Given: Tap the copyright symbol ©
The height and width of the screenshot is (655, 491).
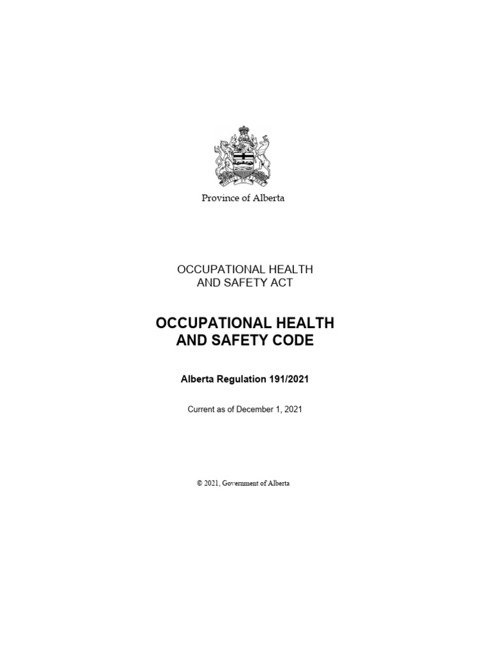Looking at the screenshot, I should [x=199, y=484].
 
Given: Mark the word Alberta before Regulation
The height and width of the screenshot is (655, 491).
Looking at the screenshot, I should [x=199, y=379].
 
